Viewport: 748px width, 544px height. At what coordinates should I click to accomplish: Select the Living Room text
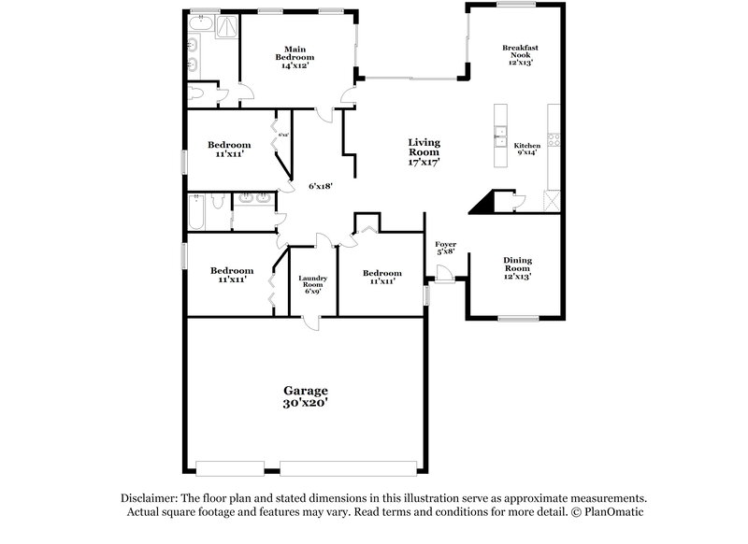coord(424,151)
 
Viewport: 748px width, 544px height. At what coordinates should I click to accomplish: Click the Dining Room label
coord(517,268)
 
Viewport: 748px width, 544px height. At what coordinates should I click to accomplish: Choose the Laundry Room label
coord(311,285)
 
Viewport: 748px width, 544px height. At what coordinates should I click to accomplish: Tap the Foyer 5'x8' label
coord(446,247)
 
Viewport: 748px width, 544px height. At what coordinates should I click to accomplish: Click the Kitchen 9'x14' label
coord(527,150)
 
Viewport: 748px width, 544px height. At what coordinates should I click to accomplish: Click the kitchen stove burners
coord(554,141)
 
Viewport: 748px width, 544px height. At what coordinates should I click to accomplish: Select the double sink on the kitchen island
coord(501,136)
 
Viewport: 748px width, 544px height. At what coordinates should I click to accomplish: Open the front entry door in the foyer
coord(446,271)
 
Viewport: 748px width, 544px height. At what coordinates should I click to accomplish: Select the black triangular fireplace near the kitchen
coord(483,201)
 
